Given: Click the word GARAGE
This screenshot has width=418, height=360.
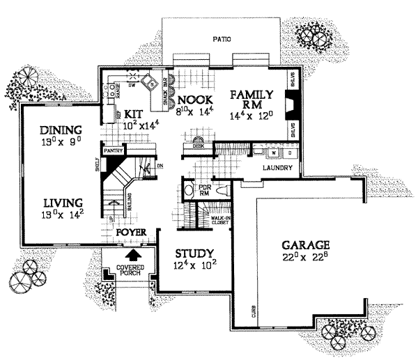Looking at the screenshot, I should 305,245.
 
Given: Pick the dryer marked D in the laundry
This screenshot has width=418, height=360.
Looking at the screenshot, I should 288,152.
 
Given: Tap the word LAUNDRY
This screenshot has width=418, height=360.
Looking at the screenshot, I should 277,169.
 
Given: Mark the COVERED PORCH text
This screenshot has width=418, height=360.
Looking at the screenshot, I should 130,271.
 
